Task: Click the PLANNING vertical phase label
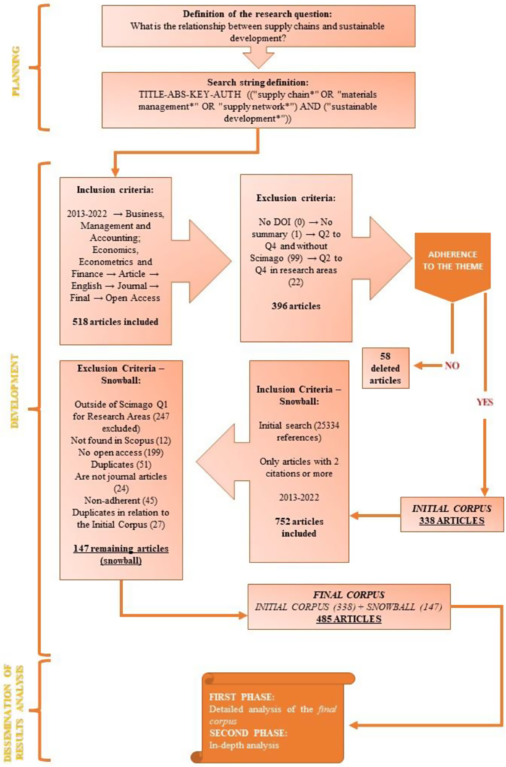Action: (16, 71)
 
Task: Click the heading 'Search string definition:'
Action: (258, 83)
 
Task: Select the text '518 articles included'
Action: (115, 322)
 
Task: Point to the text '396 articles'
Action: (296, 306)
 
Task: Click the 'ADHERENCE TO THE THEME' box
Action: (452, 261)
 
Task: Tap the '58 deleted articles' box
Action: (385, 368)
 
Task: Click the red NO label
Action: (452, 366)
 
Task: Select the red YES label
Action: (484, 402)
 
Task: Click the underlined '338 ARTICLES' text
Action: (452, 521)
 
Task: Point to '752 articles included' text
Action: (299, 527)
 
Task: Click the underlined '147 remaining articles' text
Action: (121, 549)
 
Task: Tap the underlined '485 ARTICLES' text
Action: (349, 619)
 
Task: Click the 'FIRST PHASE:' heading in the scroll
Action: (242, 697)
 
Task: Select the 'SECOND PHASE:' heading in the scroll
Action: (248, 733)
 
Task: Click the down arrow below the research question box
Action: (258, 58)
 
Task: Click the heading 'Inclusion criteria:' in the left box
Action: (115, 190)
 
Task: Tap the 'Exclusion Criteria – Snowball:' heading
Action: (121, 374)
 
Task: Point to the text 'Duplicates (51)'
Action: (121, 465)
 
